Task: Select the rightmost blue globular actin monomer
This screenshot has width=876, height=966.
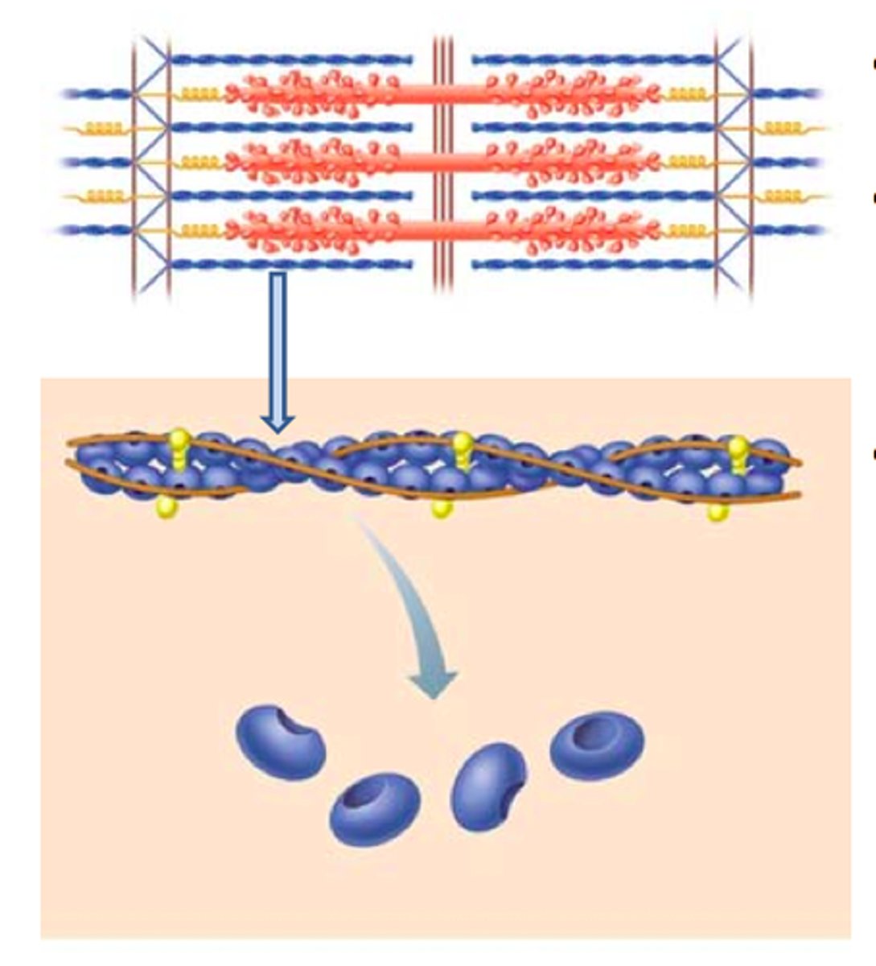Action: coord(596,745)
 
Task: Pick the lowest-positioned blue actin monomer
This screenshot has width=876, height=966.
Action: coord(375,808)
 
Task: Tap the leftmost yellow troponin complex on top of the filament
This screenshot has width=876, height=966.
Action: coord(180,447)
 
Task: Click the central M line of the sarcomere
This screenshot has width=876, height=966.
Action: coord(442,161)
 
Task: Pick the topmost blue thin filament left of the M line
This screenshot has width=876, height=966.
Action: coord(290,59)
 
